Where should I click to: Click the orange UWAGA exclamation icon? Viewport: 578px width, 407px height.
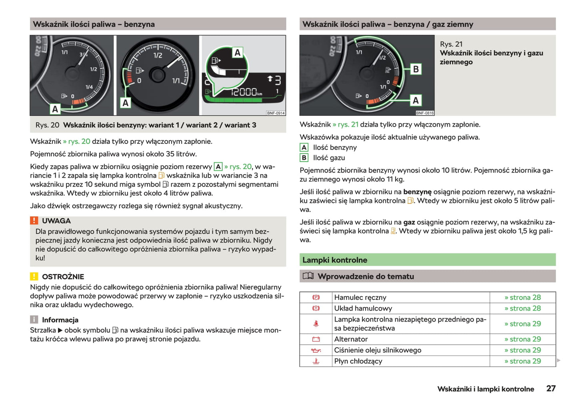(x=34, y=220)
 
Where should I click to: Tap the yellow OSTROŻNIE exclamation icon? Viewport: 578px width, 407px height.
(x=34, y=276)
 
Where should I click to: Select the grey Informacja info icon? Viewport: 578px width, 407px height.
(x=34, y=320)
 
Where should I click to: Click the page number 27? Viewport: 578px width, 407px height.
(x=551, y=388)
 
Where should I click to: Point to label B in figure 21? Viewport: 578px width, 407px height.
(x=416, y=69)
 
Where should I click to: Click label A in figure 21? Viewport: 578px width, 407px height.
(x=416, y=100)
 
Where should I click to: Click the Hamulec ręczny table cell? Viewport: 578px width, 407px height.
(x=360, y=297)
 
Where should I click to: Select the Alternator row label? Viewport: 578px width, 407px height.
(x=351, y=339)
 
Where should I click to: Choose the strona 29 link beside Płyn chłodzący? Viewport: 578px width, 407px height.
(x=522, y=361)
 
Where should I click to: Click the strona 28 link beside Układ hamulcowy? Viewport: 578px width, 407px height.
(x=522, y=308)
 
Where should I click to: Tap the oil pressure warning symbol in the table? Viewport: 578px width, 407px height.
(x=316, y=350)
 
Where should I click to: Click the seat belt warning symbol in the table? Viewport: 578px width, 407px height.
(x=316, y=324)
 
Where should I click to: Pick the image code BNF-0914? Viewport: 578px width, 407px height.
(x=276, y=113)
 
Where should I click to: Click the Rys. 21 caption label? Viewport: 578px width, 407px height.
(x=451, y=44)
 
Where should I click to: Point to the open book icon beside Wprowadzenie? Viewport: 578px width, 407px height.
(x=308, y=276)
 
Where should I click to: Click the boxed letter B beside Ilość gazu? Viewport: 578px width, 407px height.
(x=304, y=158)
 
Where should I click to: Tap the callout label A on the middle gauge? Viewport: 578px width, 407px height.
(x=126, y=103)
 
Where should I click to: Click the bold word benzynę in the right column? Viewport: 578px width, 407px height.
(x=417, y=192)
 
